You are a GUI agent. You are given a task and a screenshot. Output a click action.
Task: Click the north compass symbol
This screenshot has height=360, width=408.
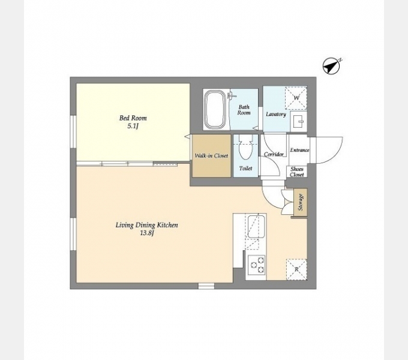[331, 66]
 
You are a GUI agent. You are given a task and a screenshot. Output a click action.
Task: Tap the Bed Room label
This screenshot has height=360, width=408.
[133, 118]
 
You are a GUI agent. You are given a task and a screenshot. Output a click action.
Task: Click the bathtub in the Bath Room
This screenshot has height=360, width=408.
[214, 109]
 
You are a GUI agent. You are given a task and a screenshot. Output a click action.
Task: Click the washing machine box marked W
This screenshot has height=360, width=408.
[296, 98]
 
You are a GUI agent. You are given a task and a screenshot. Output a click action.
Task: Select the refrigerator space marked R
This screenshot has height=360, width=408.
[296, 269]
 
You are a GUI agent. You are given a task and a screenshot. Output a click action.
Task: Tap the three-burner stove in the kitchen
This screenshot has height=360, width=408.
[256, 265]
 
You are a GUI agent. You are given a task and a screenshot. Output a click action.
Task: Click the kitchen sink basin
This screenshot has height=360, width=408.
[256, 226]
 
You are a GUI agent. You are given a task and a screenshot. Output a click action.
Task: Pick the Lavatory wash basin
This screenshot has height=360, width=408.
[299, 121]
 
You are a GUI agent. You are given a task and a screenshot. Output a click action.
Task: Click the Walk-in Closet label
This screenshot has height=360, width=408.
[211, 156]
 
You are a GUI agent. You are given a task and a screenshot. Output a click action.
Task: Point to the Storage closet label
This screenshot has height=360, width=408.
[301, 202]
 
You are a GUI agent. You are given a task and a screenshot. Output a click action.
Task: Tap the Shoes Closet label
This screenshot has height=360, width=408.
[297, 172]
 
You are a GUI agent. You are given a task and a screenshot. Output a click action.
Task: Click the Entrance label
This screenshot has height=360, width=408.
[299, 150]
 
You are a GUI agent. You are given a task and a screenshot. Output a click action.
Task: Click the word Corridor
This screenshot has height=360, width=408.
[274, 154]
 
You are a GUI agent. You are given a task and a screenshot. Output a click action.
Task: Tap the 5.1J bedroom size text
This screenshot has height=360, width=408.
[133, 127]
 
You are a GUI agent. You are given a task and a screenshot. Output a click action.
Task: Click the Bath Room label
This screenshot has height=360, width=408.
[244, 110]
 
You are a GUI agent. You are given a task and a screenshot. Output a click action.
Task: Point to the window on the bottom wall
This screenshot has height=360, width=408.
[206, 286]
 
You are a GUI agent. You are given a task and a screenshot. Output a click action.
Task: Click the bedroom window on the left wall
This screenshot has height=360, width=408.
[73, 132]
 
